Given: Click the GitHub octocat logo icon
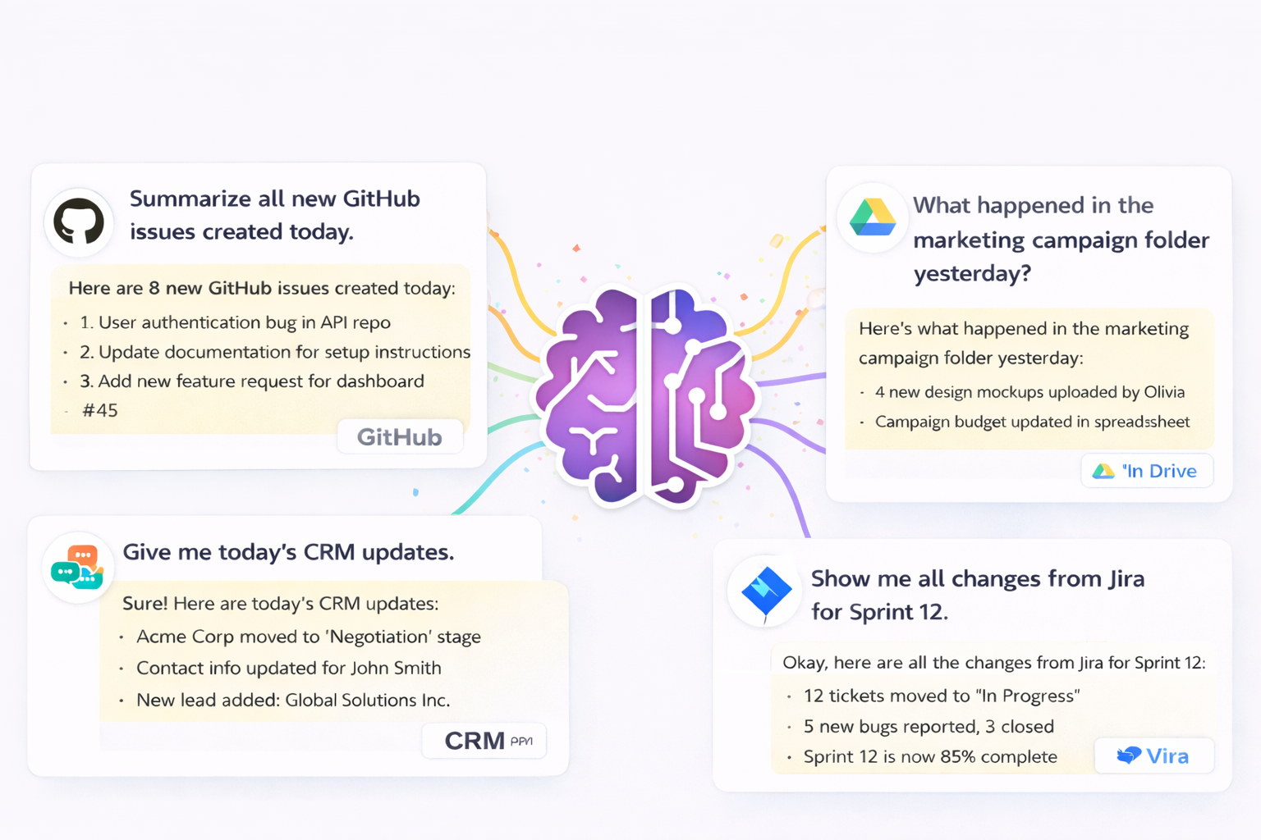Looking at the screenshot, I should click(79, 221).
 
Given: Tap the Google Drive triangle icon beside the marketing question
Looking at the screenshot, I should click(872, 217).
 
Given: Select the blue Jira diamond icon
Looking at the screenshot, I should click(765, 591).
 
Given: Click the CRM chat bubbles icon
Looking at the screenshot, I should click(77, 567).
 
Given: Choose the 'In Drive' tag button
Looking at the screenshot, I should click(1147, 471).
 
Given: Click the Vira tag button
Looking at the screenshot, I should click(1153, 756).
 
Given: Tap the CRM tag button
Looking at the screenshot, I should click(484, 741).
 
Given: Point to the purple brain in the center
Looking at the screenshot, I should click(645, 394).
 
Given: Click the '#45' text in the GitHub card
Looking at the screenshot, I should click(100, 410).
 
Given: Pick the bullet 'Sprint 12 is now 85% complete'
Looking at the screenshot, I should click(930, 756).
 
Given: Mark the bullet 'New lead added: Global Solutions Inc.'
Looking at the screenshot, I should click(293, 700).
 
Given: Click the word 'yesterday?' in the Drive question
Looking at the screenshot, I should click(972, 273).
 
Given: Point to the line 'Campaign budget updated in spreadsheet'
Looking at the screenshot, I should click(1032, 422).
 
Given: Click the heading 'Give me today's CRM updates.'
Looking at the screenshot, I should click(288, 552).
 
